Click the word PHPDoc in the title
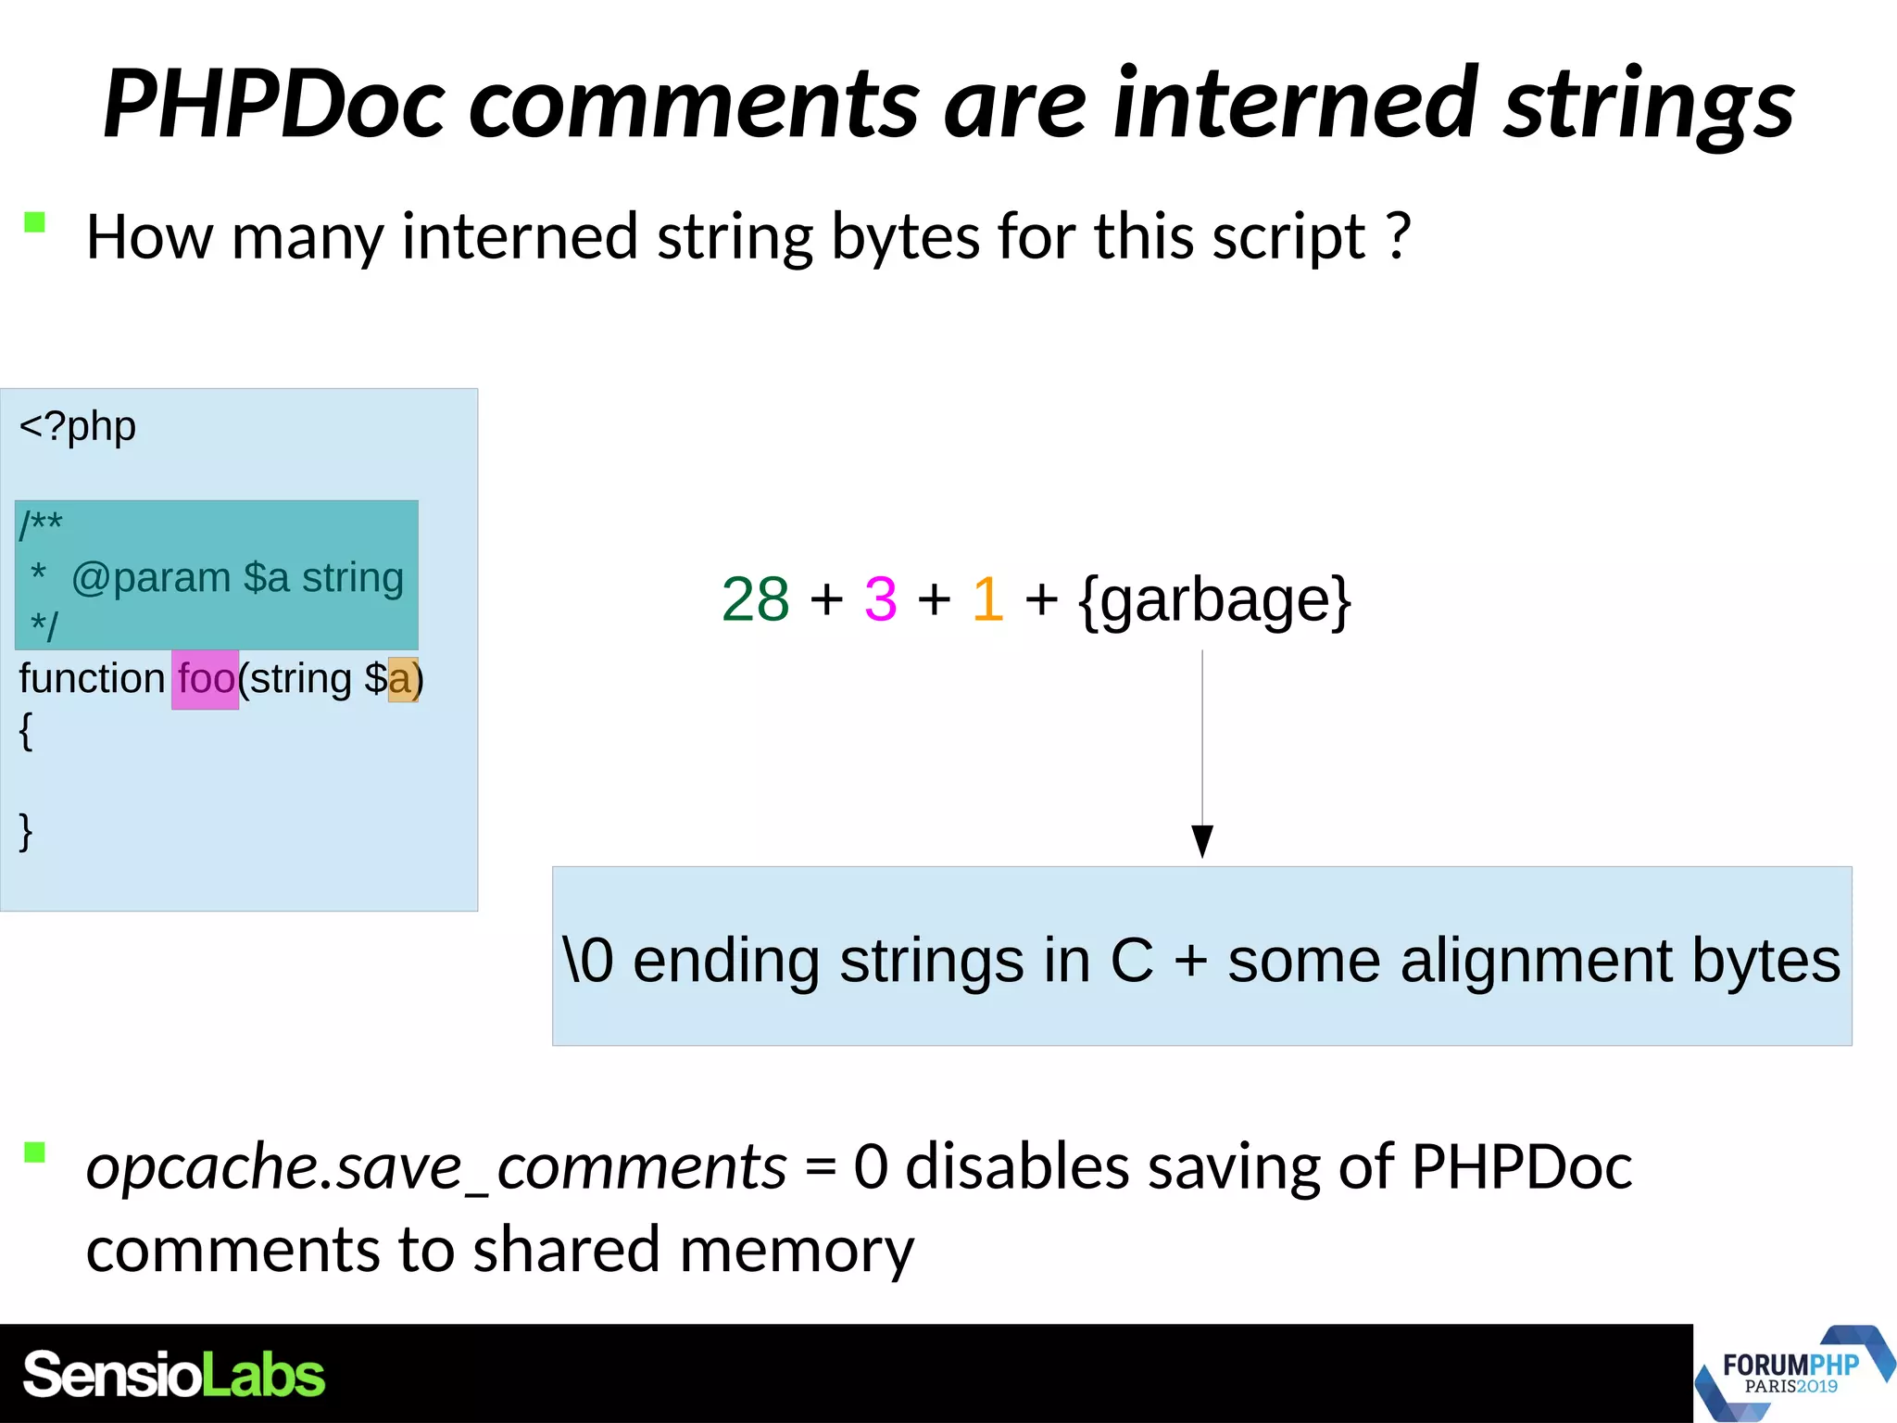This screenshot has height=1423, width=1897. pos(275,104)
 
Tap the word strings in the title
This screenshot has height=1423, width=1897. pos(1649,104)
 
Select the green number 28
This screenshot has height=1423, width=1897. pos(755,599)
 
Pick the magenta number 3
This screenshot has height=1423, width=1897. pos(880,599)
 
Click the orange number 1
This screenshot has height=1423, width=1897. pos(988,599)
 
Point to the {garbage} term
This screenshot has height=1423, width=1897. pos(1215,599)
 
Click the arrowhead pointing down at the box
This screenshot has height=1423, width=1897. pos(1202,841)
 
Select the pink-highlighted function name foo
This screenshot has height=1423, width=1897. pos(206,679)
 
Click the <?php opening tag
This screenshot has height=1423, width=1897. pos(78,426)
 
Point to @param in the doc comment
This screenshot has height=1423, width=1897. pos(151,578)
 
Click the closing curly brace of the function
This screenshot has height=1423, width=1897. pos(26,830)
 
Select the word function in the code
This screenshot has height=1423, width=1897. pos(92,679)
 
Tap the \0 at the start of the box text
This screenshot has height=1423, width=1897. pos(588,960)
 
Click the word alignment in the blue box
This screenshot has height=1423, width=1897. pos(1536,960)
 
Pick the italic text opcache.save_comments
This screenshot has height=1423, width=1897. pos(436,1166)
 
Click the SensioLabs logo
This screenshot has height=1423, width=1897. pos(174,1375)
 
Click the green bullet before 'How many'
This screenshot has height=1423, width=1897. pos(35,222)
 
